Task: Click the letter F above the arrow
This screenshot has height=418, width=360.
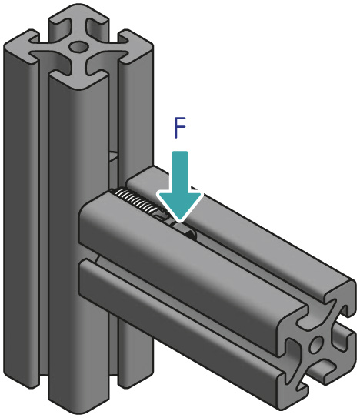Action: point(178,128)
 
